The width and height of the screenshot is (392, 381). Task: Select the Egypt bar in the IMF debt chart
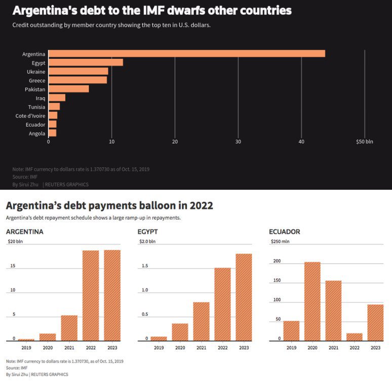[86, 63]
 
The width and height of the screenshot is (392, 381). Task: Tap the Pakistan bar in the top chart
[68, 89]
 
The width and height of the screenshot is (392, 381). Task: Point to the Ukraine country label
[36, 72]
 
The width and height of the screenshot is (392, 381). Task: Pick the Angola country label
[37, 134]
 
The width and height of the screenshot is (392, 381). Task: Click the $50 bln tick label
[364, 142]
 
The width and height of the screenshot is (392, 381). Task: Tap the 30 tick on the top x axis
[238, 142]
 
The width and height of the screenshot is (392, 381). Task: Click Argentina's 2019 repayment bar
[26, 340]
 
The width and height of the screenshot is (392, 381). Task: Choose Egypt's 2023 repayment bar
[244, 297]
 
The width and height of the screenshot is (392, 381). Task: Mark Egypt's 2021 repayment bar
[201, 321]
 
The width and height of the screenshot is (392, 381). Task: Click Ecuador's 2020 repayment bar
[312, 301]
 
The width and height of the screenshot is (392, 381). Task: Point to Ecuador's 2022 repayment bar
[355, 336]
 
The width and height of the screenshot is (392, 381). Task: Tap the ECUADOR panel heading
[285, 232]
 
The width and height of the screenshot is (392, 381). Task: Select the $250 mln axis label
[279, 241]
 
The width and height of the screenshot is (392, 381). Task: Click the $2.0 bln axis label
[147, 241]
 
